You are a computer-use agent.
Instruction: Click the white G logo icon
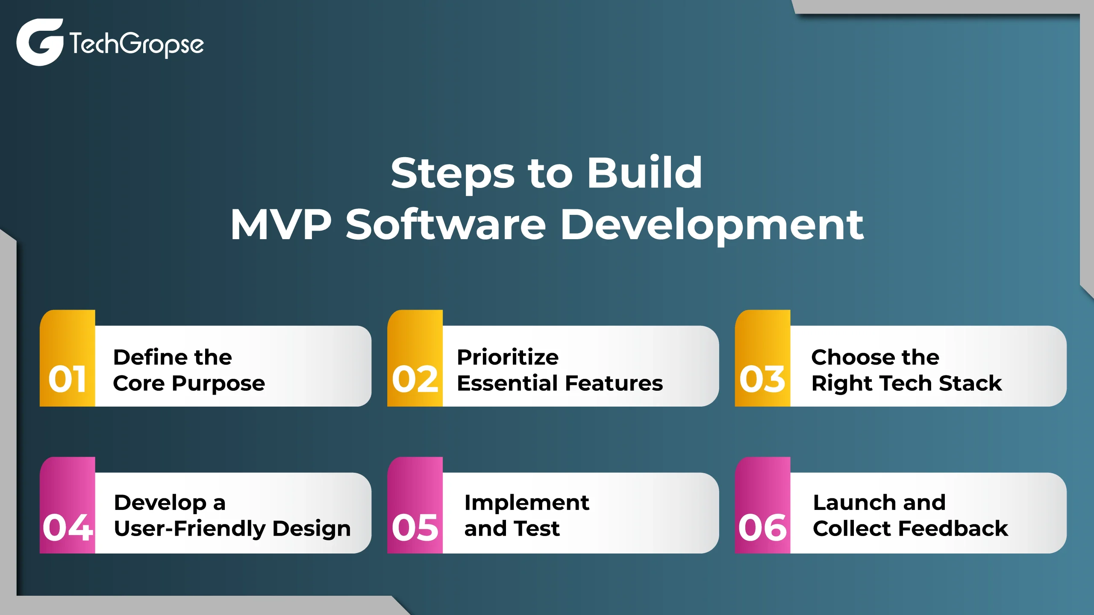click(x=40, y=42)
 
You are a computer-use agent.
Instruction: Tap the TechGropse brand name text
click(x=137, y=44)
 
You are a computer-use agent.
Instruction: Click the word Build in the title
click(x=644, y=173)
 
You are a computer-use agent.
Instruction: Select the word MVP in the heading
click(x=281, y=225)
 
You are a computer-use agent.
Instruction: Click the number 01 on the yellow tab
click(x=68, y=379)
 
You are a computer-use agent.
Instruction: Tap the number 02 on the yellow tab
click(x=415, y=379)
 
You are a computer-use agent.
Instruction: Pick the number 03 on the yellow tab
click(x=762, y=379)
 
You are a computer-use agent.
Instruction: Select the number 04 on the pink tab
click(x=68, y=527)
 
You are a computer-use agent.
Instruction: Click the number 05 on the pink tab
click(x=415, y=527)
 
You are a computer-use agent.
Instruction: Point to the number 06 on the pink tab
click(x=763, y=527)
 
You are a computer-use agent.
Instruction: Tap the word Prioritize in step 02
click(x=508, y=357)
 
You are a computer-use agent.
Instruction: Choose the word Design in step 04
click(x=312, y=529)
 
